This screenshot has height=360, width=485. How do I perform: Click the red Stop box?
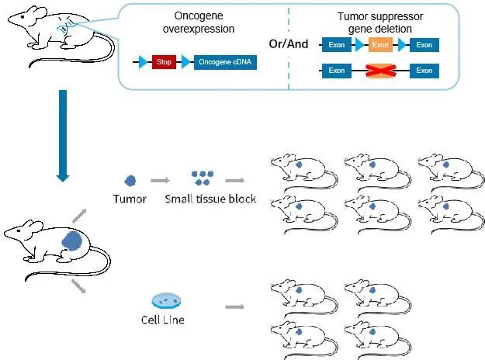164,63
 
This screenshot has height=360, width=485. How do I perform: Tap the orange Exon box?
380,45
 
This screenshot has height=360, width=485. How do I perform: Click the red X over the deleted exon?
380,71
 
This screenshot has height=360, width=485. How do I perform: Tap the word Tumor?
130,199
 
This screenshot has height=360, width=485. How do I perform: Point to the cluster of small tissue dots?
203,178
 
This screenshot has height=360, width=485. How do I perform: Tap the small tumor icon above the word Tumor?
130,180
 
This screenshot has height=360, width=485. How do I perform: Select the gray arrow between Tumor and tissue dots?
161,180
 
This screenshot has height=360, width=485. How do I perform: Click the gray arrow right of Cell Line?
234,307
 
